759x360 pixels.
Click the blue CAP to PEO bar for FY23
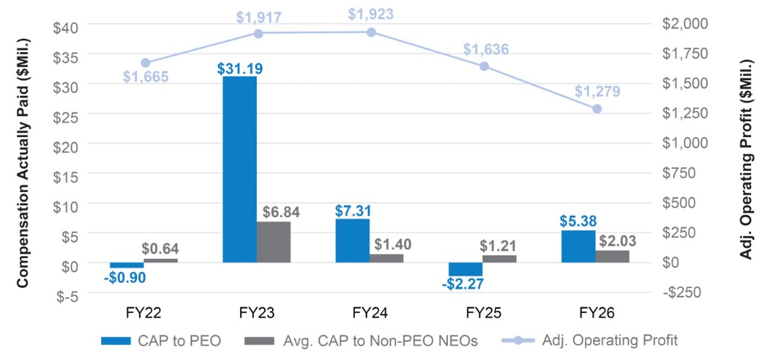tap(240, 170)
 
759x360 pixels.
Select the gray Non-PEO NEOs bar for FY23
tap(274, 242)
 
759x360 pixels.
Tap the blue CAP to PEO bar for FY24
tap(352, 241)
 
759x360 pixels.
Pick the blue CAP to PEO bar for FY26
tap(579, 247)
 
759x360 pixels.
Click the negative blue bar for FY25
tap(465, 270)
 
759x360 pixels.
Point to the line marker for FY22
tap(146, 63)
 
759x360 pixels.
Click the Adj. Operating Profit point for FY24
tap(372, 32)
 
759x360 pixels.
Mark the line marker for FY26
tap(597, 109)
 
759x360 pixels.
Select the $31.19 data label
tap(240, 69)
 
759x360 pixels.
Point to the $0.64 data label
tap(160, 249)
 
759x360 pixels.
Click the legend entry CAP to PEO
tap(161, 341)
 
